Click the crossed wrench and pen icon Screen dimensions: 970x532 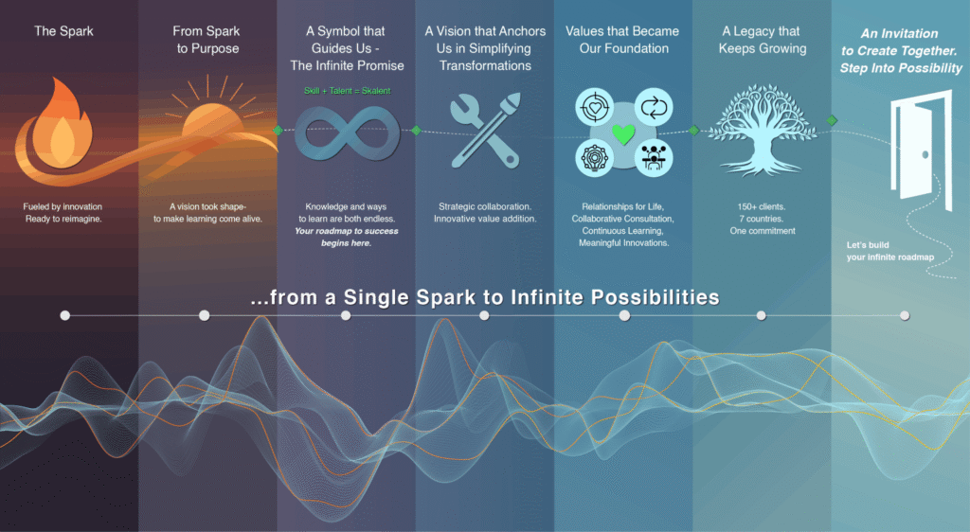485,131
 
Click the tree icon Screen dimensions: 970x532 763,130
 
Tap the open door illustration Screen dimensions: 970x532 921,151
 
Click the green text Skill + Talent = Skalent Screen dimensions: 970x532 347,91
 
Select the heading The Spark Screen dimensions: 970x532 63,31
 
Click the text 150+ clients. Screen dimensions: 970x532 762,206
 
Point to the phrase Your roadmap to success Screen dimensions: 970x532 347,230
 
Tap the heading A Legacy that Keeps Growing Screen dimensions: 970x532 763,40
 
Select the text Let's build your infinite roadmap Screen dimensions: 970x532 890,251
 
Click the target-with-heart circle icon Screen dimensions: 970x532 594,108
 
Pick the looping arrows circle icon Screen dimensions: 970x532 654,108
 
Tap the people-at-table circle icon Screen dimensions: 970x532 654,158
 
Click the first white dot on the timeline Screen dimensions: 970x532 65,316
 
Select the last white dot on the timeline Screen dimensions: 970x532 905,316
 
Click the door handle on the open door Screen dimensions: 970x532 925,154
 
